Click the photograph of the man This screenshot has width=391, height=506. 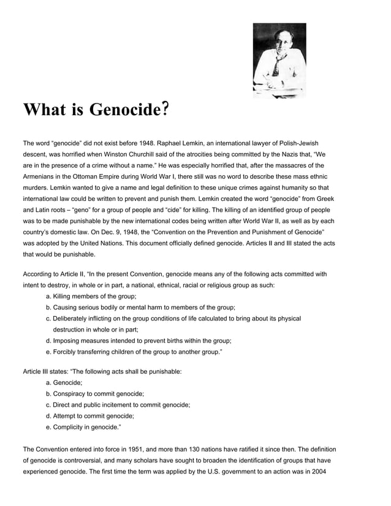279,61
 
